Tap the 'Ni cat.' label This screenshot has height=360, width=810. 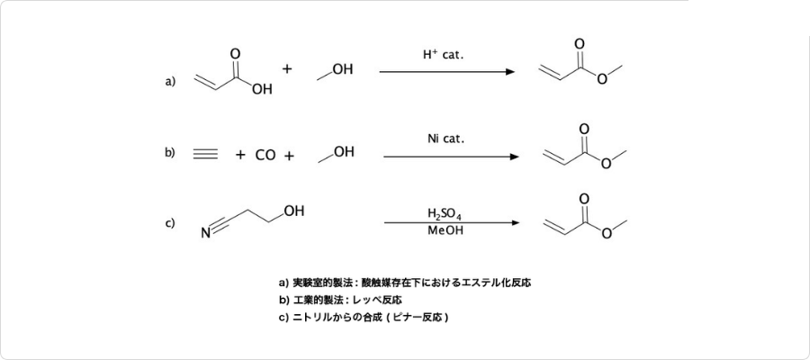446,139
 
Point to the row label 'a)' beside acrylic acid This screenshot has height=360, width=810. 170,81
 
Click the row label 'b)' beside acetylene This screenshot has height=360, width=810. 170,153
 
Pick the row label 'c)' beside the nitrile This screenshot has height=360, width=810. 170,223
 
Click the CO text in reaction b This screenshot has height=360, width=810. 265,155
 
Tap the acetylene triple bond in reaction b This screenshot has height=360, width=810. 205,155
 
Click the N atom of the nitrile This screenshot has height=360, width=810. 205,235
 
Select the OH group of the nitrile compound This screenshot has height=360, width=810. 293,211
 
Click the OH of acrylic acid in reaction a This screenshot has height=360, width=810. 262,89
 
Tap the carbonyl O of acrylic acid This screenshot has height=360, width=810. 235,53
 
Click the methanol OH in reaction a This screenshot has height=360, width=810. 343,68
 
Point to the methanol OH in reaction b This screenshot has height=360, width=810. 344,151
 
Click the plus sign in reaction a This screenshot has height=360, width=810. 288,68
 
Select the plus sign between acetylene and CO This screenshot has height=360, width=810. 240,155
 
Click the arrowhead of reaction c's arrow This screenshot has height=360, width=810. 515,222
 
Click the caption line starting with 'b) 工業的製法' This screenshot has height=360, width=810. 340,300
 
